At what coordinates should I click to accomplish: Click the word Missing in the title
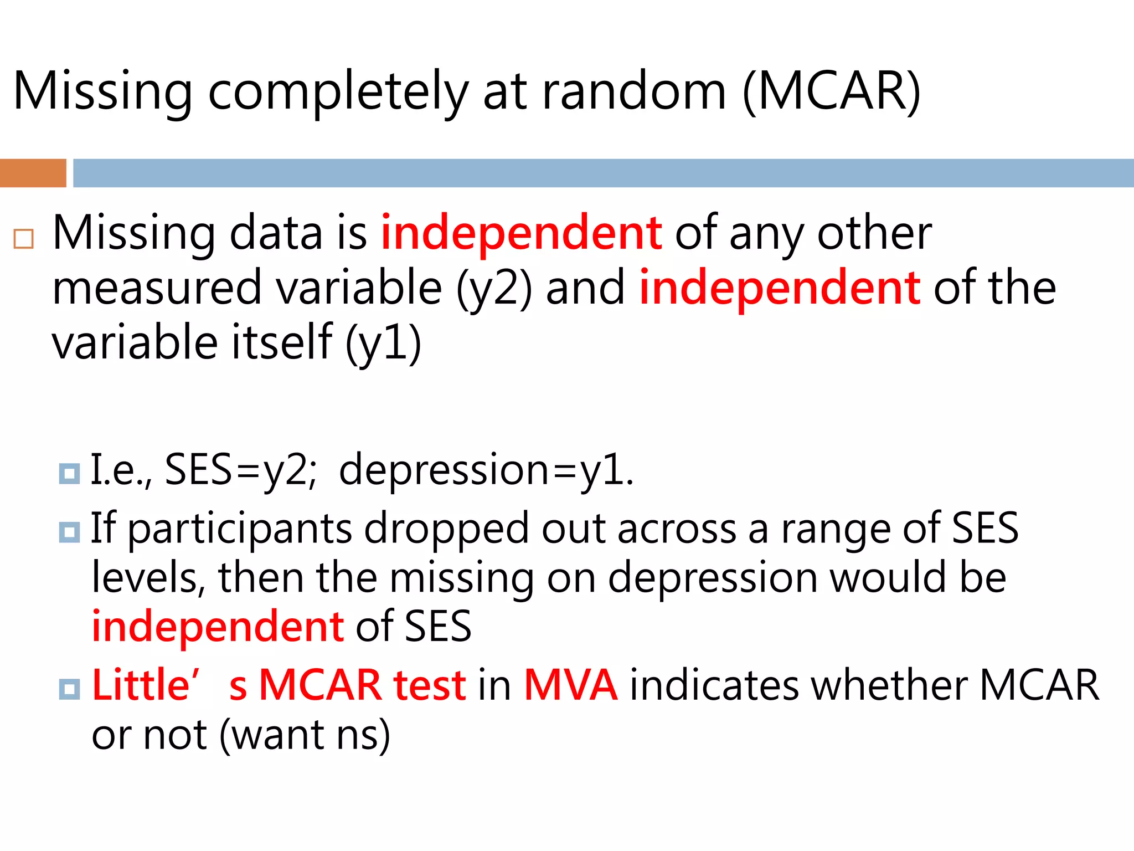pyautogui.click(x=102, y=92)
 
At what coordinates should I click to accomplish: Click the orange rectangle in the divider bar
pyautogui.click(x=33, y=173)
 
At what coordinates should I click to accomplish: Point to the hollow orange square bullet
pyautogui.click(x=24, y=239)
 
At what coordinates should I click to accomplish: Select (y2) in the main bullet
pyautogui.click(x=493, y=288)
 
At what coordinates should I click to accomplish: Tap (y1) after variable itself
pyautogui.click(x=383, y=343)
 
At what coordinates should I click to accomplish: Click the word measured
pyautogui.click(x=156, y=288)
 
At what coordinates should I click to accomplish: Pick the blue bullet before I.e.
pyautogui.click(x=69, y=473)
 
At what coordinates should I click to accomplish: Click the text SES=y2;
pyautogui.click(x=241, y=470)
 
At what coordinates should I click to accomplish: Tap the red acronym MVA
pyautogui.click(x=570, y=685)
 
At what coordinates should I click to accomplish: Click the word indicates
pyautogui.click(x=714, y=685)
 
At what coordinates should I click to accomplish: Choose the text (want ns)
pyautogui.click(x=305, y=735)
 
